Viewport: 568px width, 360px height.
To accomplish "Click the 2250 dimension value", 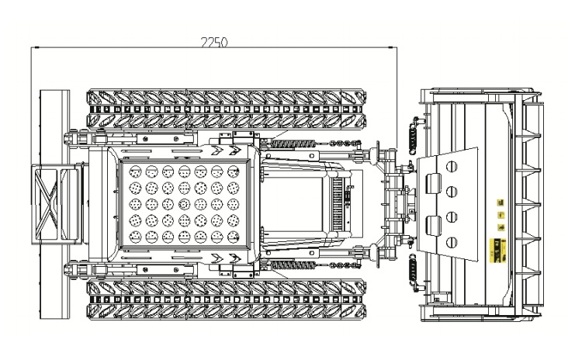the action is click(x=214, y=43).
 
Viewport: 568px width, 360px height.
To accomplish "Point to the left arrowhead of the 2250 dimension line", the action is click(x=35, y=47).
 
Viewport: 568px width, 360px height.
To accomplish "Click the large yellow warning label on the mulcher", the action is click(x=497, y=250).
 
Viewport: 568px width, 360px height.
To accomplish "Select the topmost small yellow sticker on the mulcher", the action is click(x=500, y=202).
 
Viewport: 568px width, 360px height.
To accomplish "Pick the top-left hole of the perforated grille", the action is click(x=135, y=171).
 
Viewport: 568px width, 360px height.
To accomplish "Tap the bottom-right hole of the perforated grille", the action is click(x=234, y=237).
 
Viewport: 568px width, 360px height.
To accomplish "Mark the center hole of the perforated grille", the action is click(x=185, y=204).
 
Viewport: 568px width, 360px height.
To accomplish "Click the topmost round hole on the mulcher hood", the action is click(x=452, y=166).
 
